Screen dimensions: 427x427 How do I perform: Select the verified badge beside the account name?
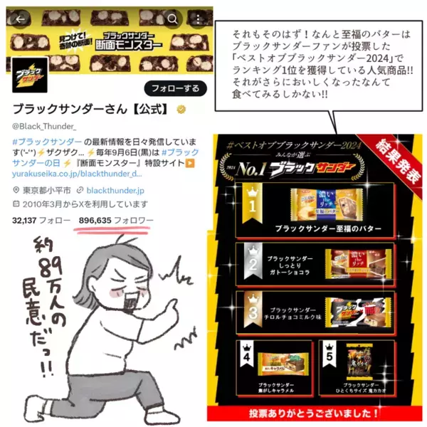pyautogui.click(x=182, y=110)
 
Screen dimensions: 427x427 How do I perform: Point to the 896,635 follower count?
pyautogui.click(x=97, y=221)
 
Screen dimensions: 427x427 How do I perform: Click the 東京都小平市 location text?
pyautogui.click(x=47, y=190)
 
